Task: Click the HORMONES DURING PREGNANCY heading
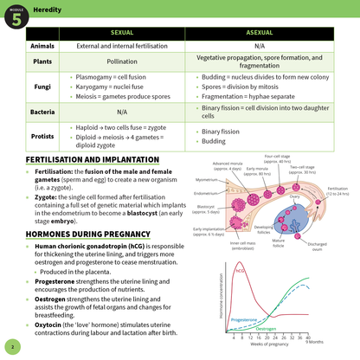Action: click(78, 235)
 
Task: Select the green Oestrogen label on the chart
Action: click(267, 330)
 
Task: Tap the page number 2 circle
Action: click(13, 347)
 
